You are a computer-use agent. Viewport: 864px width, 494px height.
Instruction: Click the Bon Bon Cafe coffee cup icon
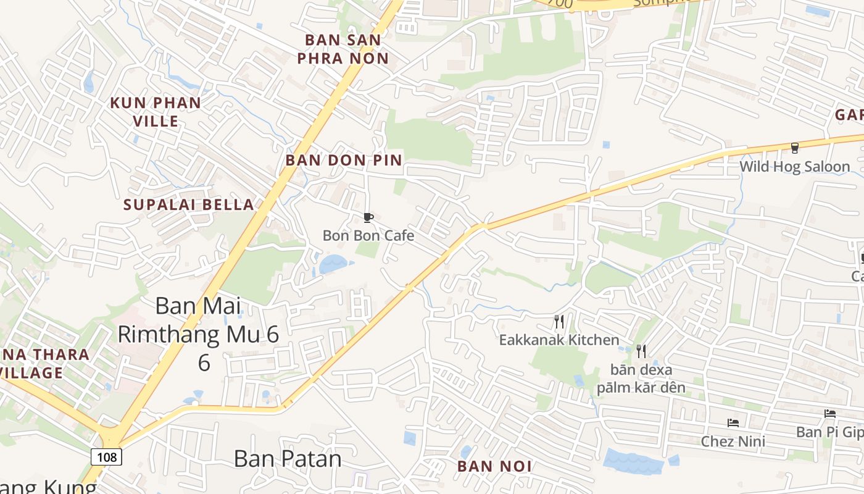(x=368, y=217)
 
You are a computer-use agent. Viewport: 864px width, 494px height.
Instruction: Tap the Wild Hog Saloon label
(x=794, y=167)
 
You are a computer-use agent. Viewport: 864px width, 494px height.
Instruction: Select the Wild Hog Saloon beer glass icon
(x=794, y=148)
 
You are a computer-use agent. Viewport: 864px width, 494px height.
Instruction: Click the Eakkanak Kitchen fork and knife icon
(x=559, y=321)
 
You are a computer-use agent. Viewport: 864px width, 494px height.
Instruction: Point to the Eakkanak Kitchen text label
(x=559, y=340)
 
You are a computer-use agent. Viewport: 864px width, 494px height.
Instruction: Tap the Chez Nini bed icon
(x=733, y=423)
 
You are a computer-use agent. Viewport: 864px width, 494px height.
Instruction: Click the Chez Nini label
(x=733, y=442)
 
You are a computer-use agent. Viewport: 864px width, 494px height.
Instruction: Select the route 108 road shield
(x=107, y=457)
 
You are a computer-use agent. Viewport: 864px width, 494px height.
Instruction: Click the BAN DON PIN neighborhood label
(x=343, y=161)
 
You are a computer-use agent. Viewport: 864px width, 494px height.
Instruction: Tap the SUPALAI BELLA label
(x=189, y=205)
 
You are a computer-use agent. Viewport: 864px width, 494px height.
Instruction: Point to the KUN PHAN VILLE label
(x=156, y=112)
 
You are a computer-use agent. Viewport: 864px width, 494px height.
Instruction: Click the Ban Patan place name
(x=288, y=459)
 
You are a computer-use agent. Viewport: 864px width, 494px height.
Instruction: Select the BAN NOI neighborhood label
(x=494, y=466)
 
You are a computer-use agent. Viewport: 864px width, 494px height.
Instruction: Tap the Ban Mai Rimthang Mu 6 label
(x=198, y=334)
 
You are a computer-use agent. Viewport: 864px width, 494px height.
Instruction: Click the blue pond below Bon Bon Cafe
(x=334, y=264)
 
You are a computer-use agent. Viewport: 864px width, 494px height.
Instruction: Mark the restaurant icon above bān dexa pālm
(x=641, y=351)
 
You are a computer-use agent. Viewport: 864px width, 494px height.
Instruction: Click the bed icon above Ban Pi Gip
(x=829, y=414)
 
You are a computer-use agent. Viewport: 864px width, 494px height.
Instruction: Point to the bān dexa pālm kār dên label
(x=641, y=379)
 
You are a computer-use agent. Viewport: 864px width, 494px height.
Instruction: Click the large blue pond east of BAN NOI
(x=633, y=461)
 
